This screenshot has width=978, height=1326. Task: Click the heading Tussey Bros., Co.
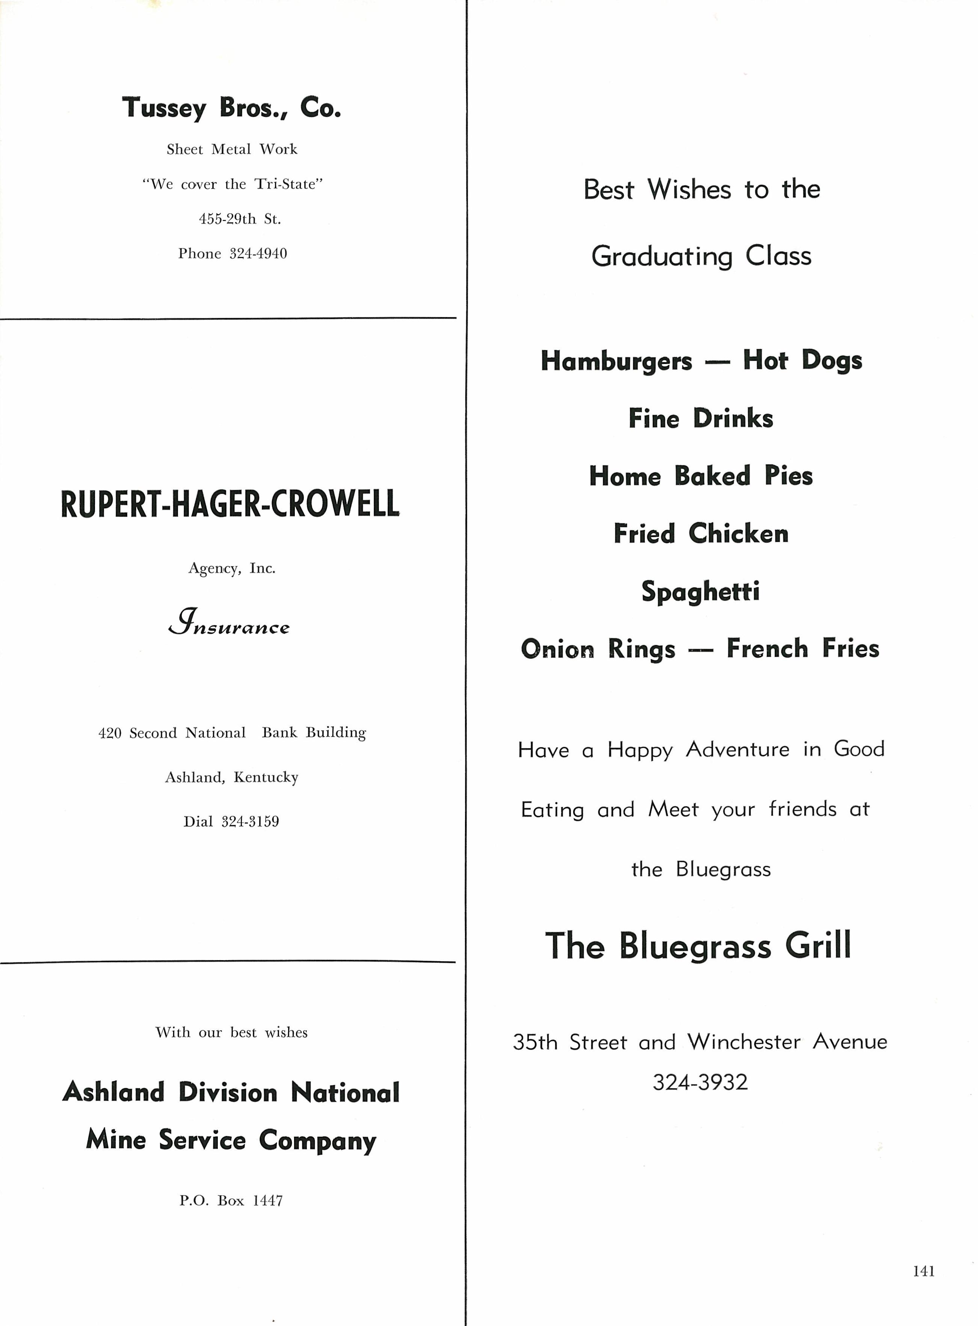pyautogui.click(x=231, y=108)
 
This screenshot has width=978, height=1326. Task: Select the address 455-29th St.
pyautogui.click(x=240, y=219)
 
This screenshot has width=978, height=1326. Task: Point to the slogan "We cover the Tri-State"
pyautogui.click(x=232, y=184)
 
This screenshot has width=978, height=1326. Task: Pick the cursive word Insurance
pyautogui.click(x=229, y=625)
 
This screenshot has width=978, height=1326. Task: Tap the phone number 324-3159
pyautogui.click(x=250, y=822)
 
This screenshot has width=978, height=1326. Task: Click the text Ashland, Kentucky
pyautogui.click(x=231, y=777)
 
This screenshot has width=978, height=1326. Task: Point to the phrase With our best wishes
pyautogui.click(x=231, y=1032)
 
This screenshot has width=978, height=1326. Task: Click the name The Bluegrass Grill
pyautogui.click(x=698, y=946)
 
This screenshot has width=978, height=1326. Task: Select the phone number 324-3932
pyautogui.click(x=700, y=1082)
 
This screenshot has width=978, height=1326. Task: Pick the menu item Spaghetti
pyautogui.click(x=700, y=591)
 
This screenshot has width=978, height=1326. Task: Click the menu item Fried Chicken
pyautogui.click(x=701, y=534)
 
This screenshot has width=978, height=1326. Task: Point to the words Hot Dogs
pyautogui.click(x=802, y=361)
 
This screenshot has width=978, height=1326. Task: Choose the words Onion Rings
pyautogui.click(x=598, y=649)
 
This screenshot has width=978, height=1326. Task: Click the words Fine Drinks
pyautogui.click(x=701, y=418)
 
